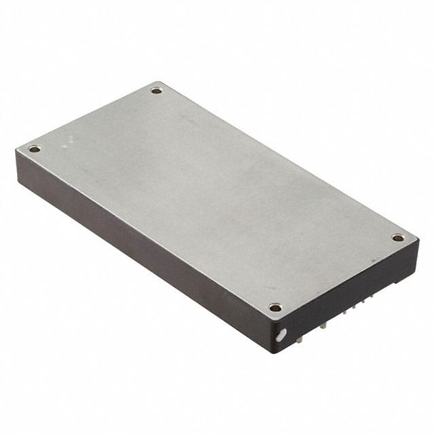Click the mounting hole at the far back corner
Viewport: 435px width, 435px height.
tap(156, 90)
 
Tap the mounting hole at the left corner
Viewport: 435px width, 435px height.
tap(34, 149)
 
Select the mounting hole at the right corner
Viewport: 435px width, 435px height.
tap(398, 238)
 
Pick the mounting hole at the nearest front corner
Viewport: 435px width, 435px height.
tap(275, 307)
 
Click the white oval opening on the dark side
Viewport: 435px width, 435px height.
tap(281, 334)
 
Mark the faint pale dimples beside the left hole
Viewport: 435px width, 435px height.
tap(67, 143)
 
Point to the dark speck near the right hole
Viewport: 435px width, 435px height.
tap(373, 260)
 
